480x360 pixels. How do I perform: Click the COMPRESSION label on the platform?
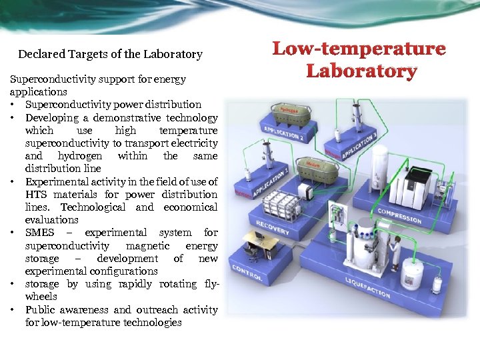tap(399, 215)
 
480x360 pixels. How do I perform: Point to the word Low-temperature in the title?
tap(359, 49)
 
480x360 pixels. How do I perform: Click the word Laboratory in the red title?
tap(361, 71)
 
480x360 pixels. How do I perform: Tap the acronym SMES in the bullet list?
tap(41, 233)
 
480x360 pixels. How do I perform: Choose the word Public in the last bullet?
tap(40, 310)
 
